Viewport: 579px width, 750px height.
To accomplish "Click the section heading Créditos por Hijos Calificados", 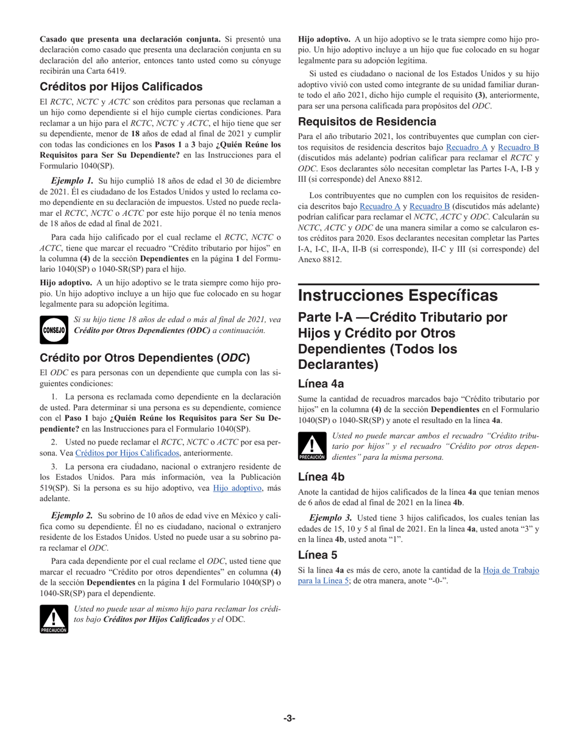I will pyautogui.click(x=121, y=87).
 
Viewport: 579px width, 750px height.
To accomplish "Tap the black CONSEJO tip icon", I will pyautogui.click(x=53, y=326).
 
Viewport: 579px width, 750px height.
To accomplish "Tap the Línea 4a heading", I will pyautogui.click(x=321, y=384).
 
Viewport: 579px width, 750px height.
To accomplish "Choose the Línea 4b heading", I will pyautogui.click(x=321, y=477).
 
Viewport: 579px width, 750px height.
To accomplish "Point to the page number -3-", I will pyautogui.click(x=289, y=718).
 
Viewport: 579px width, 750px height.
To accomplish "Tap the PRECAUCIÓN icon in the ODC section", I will pyautogui.click(x=53, y=618).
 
